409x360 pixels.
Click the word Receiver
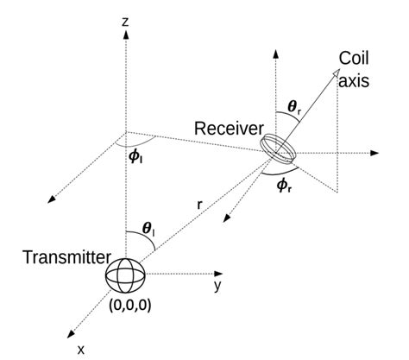229,129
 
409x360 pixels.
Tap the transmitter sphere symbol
126,276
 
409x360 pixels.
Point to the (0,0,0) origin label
127,306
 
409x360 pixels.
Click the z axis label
126,20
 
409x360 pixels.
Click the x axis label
80,349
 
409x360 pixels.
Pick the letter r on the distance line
199,205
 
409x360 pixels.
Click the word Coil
354,60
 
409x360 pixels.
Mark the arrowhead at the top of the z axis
126,34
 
